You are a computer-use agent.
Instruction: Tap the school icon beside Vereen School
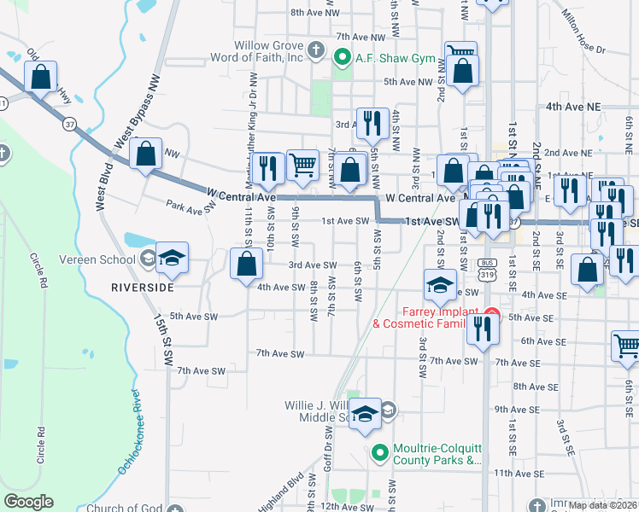point(171,259)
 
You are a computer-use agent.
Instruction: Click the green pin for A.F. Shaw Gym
point(342,58)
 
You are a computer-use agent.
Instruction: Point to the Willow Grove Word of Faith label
point(269,51)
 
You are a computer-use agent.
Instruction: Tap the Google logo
point(28,501)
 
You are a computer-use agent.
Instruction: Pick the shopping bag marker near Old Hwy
point(40,77)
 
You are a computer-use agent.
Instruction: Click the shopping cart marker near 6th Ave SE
point(626,345)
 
